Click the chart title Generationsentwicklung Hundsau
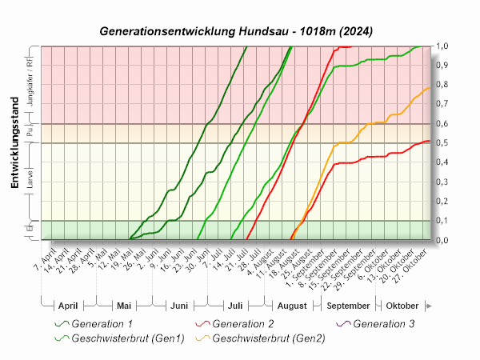(236, 31)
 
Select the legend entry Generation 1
(102, 324)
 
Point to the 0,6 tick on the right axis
(441, 124)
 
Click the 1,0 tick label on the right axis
(441, 46)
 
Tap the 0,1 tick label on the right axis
(441, 221)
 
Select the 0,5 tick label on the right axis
(441, 143)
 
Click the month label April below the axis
(67, 306)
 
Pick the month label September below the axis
(349, 306)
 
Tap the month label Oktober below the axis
(402, 306)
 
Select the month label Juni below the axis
(179, 306)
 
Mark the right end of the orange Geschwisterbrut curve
(430, 88)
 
